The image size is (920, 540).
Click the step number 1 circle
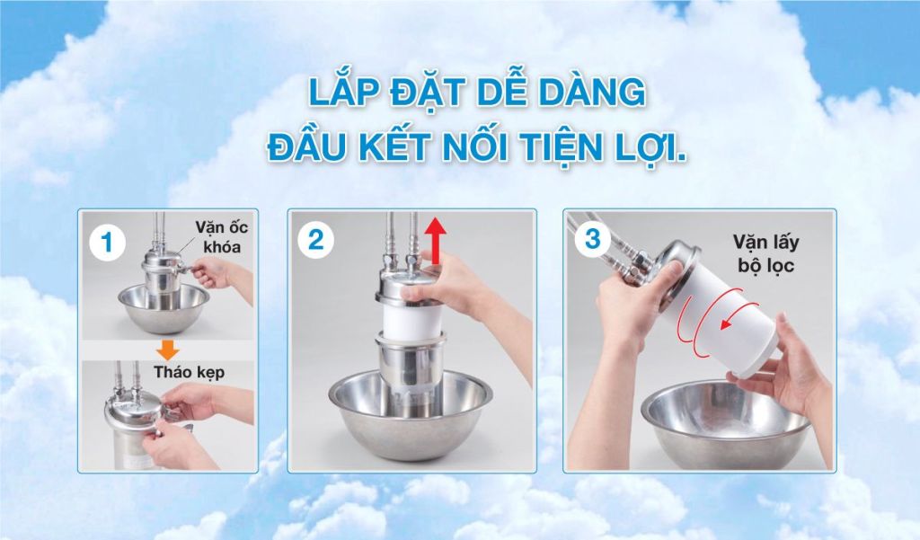108,243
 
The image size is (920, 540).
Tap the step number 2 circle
315,240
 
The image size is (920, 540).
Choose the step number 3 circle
593,240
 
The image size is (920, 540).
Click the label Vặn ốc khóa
222,237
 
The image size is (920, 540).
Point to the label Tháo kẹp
189,372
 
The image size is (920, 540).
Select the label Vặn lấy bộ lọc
765,253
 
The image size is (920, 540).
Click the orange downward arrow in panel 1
168,349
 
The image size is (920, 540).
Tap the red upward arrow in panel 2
435,240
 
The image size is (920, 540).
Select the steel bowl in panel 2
410,413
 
